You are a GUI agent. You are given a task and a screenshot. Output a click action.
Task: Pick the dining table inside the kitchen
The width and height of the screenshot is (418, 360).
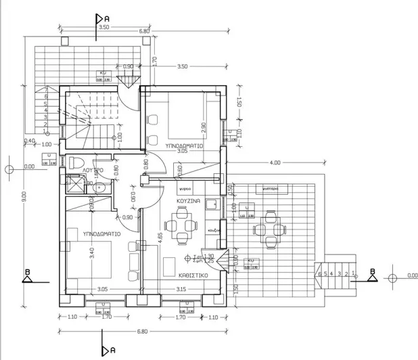pos(181,226)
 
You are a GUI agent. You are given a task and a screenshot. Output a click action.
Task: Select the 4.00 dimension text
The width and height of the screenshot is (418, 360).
pos(275,163)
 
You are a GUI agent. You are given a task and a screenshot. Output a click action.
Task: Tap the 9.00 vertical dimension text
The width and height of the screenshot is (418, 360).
pos(24,196)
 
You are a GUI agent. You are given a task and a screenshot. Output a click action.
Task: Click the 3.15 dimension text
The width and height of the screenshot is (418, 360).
pos(181,289)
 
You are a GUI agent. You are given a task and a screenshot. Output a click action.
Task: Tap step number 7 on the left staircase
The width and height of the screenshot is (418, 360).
pos(45,89)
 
